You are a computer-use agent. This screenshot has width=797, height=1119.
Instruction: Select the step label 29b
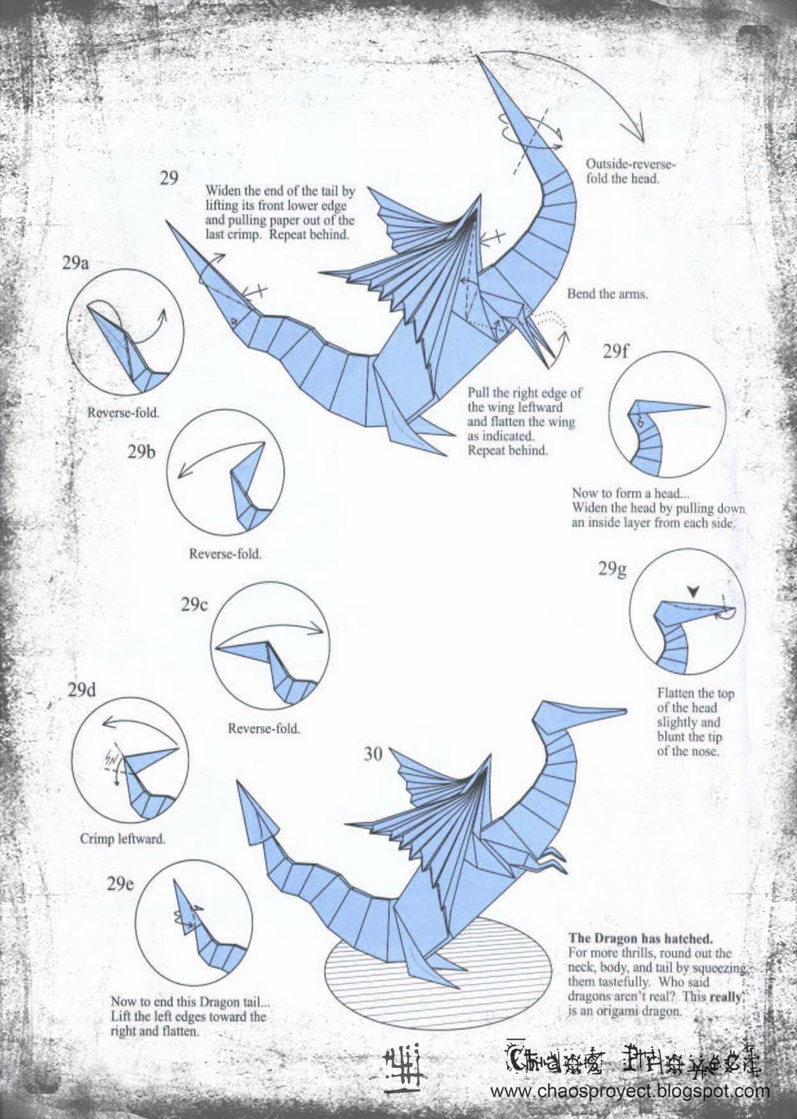tap(142, 451)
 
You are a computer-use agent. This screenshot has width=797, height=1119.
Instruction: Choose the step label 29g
tap(612, 569)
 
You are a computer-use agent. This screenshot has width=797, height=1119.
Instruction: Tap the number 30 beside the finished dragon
tap(373, 753)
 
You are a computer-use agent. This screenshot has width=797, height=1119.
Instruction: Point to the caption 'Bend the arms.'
tap(607, 294)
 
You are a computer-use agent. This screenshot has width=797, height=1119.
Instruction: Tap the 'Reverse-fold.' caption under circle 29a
tap(123, 413)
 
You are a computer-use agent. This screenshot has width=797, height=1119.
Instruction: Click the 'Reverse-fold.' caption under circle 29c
tap(264, 729)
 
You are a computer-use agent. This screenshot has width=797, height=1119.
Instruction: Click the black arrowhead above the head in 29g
tap(692, 592)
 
